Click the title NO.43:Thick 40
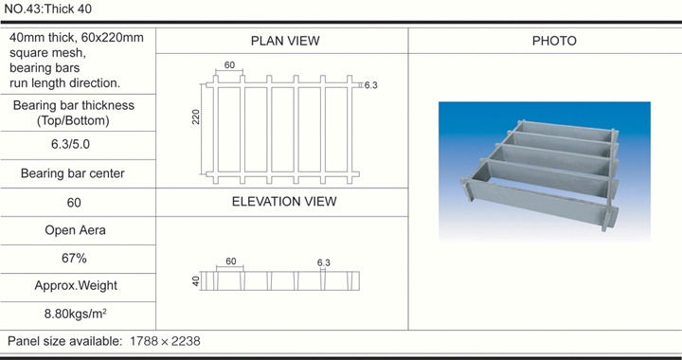[48, 9]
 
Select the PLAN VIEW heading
[285, 41]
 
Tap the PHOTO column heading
[554, 41]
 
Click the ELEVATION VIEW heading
[284, 202]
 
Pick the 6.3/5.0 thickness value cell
[70, 144]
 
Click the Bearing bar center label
[73, 173]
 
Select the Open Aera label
[75, 230]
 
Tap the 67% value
[74, 259]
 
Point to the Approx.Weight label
[76, 286]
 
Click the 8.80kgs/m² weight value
[76, 314]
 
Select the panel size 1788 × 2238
[165, 341]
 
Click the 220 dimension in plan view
[196, 117]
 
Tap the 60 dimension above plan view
[229, 65]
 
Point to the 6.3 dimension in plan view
[371, 85]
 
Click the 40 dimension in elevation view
[196, 281]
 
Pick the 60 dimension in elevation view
[231, 261]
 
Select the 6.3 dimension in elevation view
[324, 262]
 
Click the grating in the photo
[540, 174]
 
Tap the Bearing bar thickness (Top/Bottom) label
[74, 113]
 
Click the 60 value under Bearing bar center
[74, 203]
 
